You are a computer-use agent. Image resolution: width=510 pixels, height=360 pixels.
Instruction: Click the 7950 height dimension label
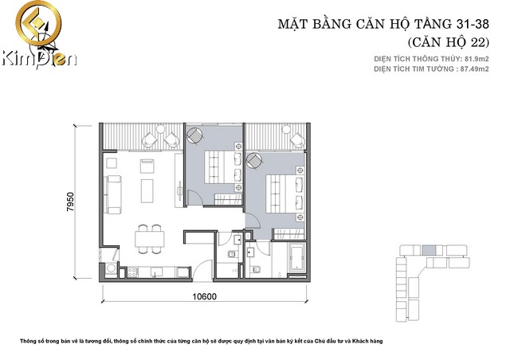coord(70,202)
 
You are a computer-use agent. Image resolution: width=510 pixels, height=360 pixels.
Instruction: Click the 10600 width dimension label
coord(204,296)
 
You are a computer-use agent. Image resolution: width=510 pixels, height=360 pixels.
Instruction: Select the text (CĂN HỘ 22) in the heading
coord(449,42)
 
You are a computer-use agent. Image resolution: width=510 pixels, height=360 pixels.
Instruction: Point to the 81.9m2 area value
coord(477,59)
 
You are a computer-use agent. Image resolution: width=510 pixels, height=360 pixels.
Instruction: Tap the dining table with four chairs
coord(150,239)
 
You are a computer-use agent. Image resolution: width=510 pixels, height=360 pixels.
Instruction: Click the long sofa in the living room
coord(114,194)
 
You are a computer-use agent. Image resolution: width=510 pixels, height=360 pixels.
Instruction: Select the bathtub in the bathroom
coord(297,257)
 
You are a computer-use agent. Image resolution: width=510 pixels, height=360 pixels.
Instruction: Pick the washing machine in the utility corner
coord(111,268)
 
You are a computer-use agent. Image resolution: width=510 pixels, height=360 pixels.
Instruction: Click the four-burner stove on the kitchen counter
coord(133,272)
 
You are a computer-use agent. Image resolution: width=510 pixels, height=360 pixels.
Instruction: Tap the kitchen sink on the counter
coord(156,272)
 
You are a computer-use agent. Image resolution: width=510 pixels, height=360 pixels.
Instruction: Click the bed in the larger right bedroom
coord(285,194)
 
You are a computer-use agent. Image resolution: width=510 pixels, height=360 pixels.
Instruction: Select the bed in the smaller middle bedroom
coord(223,167)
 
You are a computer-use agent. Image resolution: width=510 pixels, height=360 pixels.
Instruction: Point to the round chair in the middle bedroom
coord(194,135)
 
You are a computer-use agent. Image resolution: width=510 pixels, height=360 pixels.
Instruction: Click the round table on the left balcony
coord(160,129)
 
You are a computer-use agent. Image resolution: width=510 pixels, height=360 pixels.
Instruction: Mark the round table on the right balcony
coord(286,129)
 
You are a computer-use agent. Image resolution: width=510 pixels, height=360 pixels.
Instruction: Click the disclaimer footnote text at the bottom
coord(202,341)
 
